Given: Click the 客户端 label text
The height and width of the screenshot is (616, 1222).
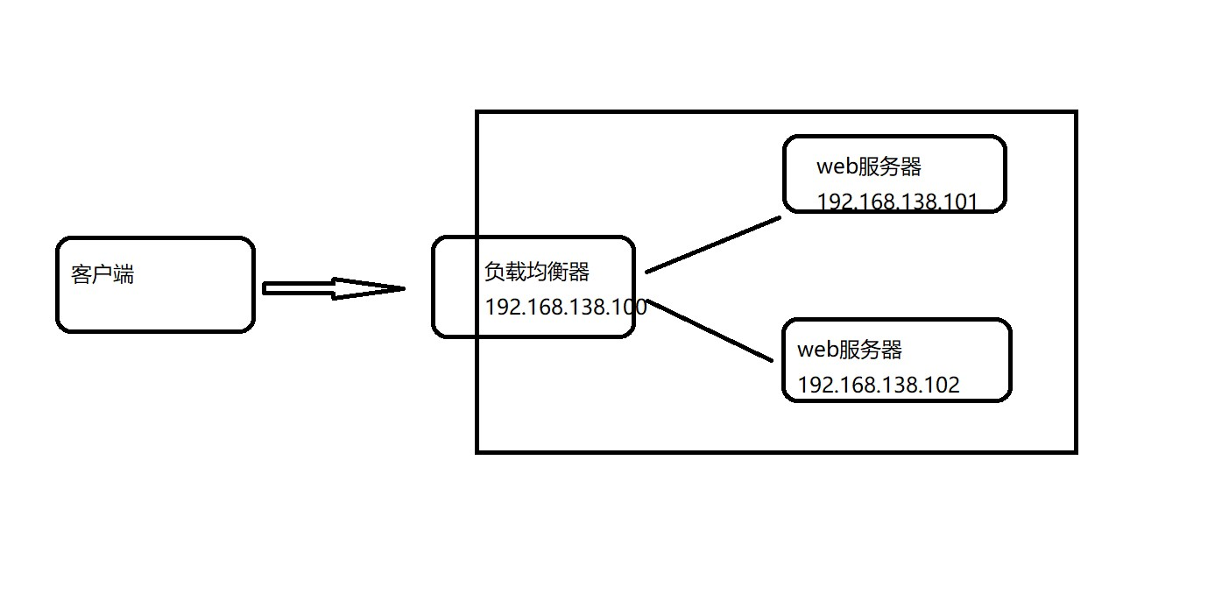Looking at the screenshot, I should (102, 274).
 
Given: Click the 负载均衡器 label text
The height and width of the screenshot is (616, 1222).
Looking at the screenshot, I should (537, 272).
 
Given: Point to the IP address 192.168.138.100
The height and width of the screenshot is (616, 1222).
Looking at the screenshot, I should (565, 307).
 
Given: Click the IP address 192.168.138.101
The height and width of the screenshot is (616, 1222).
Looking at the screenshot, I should (897, 202).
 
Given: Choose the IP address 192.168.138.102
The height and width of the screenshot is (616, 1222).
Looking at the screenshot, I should (879, 385).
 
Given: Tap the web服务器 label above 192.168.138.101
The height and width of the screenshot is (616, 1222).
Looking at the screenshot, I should (869, 166).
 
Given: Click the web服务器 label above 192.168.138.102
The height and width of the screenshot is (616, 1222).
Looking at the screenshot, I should (850, 350).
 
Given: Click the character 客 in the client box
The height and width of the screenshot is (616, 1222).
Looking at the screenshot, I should (81, 274).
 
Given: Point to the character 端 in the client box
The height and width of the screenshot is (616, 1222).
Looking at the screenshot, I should (124, 274).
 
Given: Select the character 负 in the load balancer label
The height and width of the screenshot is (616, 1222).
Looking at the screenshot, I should (495, 272).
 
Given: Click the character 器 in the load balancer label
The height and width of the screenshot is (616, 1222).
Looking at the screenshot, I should (579, 272).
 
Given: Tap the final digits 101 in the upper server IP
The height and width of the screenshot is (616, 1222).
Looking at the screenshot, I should (962, 202).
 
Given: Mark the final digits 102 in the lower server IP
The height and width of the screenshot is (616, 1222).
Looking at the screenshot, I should (943, 385).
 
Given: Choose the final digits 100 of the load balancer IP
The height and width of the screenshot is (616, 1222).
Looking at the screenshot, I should (630, 307).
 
